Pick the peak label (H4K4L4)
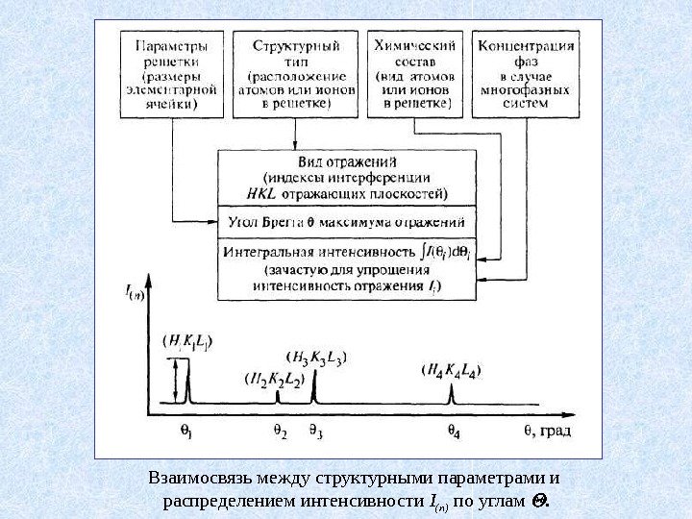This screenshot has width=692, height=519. point(452,369)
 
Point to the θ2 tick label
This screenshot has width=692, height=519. point(280,433)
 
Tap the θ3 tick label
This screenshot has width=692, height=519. point(314,433)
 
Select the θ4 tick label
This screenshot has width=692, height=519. point(451,433)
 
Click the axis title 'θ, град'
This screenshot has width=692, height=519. point(544,432)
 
